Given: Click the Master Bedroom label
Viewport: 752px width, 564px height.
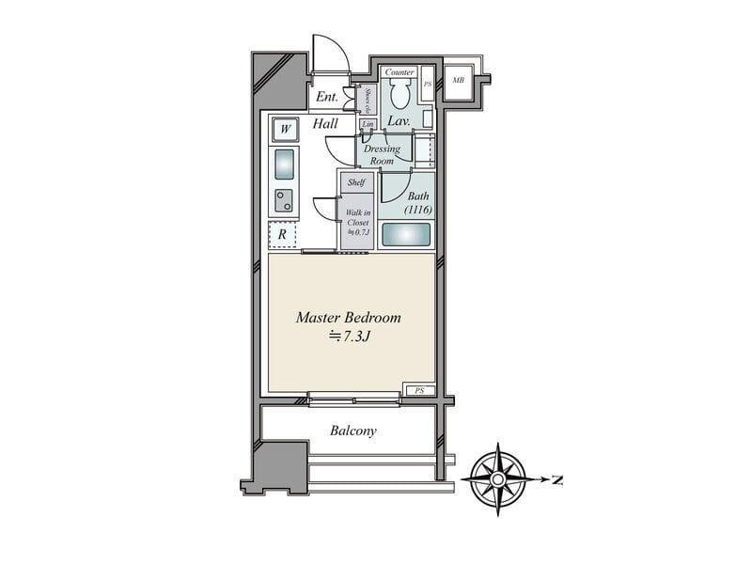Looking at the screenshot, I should [x=349, y=318].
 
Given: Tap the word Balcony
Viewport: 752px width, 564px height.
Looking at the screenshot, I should [x=353, y=431].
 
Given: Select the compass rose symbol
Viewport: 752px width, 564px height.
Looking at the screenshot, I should [x=498, y=478].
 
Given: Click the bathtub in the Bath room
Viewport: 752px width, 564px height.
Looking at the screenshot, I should [x=406, y=234].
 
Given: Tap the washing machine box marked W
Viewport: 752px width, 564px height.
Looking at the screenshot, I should [x=284, y=128].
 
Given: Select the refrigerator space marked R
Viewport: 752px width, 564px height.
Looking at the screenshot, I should [x=283, y=234].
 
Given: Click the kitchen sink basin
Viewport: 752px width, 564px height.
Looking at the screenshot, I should [x=285, y=164].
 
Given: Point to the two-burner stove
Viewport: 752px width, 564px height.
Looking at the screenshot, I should [x=284, y=199].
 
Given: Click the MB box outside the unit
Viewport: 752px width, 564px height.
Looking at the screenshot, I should [x=458, y=80].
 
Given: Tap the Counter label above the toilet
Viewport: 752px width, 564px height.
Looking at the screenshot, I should [x=399, y=72].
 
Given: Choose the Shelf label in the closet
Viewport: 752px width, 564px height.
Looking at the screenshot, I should [x=356, y=182].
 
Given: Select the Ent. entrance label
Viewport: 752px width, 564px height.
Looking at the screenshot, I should [x=326, y=97].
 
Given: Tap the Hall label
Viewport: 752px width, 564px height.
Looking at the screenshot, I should [x=325, y=123].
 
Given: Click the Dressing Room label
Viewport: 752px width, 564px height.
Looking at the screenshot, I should [x=382, y=155].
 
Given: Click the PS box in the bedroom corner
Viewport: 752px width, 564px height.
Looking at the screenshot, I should [x=419, y=389].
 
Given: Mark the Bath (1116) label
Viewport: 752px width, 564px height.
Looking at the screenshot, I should [x=418, y=202].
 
